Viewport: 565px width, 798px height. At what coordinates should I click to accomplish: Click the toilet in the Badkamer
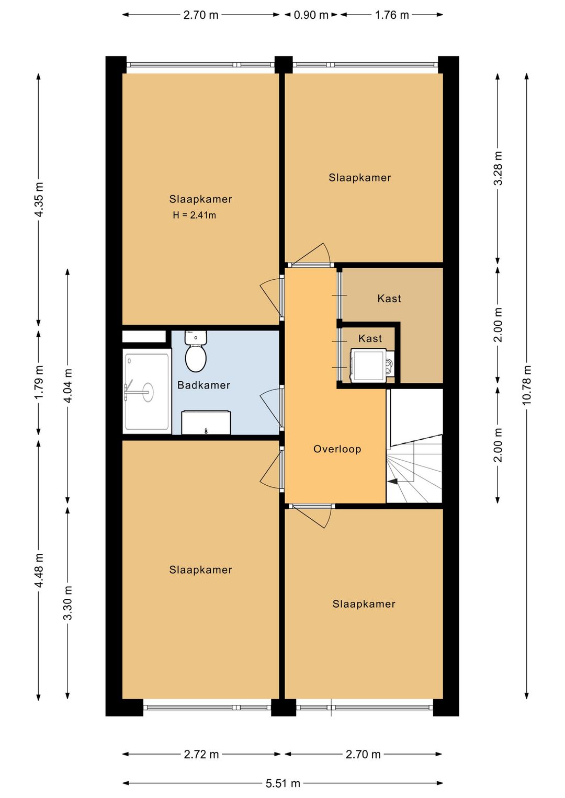pos(196,351)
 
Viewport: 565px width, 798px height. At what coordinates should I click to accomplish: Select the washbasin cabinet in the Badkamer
pos(206,423)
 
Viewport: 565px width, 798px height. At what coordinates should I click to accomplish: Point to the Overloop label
pos(337,449)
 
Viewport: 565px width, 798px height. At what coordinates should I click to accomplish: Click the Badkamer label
pos(204,385)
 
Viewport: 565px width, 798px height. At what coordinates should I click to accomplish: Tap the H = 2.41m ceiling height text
pos(194,215)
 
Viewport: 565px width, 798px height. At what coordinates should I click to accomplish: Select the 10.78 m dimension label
pos(526,385)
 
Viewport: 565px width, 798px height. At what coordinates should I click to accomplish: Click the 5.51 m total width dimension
pos(282,783)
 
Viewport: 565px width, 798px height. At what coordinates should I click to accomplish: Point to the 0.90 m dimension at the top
pos(311,15)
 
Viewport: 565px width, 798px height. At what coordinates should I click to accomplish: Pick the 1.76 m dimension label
pos(391,15)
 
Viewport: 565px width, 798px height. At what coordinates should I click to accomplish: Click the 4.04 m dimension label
pos(67,385)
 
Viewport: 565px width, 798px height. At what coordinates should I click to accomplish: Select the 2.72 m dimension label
pos(201,754)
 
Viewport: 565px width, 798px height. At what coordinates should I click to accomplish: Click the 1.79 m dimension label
pos(39,382)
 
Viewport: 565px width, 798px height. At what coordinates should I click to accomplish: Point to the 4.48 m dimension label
pos(39,571)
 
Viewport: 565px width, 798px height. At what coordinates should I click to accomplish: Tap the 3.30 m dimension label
pos(67,603)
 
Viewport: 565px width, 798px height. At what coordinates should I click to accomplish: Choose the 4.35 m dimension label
pos(39,200)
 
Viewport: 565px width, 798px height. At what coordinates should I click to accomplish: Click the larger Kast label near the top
pos(389,299)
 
